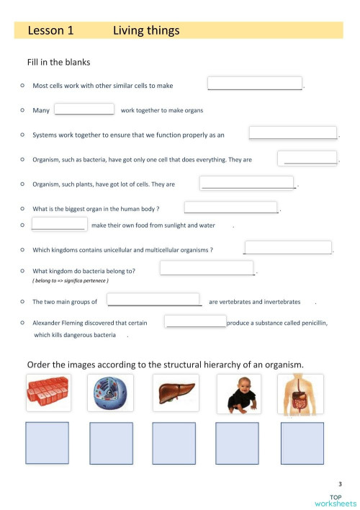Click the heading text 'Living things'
coord(146,30)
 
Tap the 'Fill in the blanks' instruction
coord(58,63)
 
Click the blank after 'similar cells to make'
coord(255,84)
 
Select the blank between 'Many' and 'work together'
coord(84,109)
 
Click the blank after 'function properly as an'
coord(293,133)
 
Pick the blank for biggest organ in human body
coord(231,207)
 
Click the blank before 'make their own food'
coord(59,224)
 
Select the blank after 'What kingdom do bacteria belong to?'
coord(207,269)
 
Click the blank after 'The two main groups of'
coord(154,300)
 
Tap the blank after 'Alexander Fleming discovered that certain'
coord(195,321)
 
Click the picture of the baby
coord(238,393)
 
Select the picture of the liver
coord(176,393)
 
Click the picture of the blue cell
coord(112,393)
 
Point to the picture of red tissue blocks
coord(48,393)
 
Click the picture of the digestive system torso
coord(301,393)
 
